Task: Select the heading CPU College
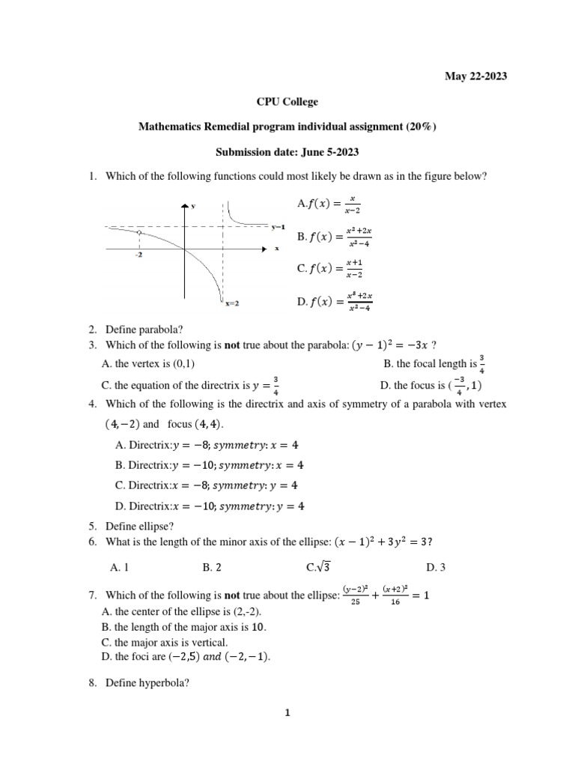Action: coord(287,102)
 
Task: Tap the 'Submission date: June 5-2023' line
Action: coord(287,152)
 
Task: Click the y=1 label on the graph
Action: coord(278,226)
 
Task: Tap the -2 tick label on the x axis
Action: coord(139,255)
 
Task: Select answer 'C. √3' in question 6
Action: coord(313,567)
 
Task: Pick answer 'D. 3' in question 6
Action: coord(436,568)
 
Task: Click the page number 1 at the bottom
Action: coord(287,714)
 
